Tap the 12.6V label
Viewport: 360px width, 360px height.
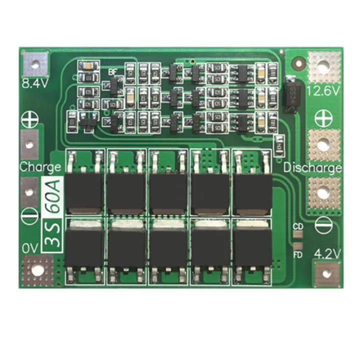pyautogui.click(x=323, y=90)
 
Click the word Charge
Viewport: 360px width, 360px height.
pyautogui.click(x=40, y=166)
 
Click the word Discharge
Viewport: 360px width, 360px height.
pyautogui.click(x=312, y=167)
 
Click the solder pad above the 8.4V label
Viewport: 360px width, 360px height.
pyautogui.click(x=35, y=63)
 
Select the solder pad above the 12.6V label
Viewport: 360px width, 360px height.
pyautogui.click(x=323, y=65)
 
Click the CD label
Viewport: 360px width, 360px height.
pyautogui.click(x=298, y=227)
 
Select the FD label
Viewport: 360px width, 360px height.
pyautogui.click(x=298, y=255)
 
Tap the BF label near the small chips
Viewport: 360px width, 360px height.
pyautogui.click(x=113, y=71)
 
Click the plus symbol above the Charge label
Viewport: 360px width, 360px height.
pyautogui.click(x=30, y=120)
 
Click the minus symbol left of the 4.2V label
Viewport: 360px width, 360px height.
pyautogui.click(x=323, y=225)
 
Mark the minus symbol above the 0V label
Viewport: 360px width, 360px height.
pyautogui.click(x=30, y=218)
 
